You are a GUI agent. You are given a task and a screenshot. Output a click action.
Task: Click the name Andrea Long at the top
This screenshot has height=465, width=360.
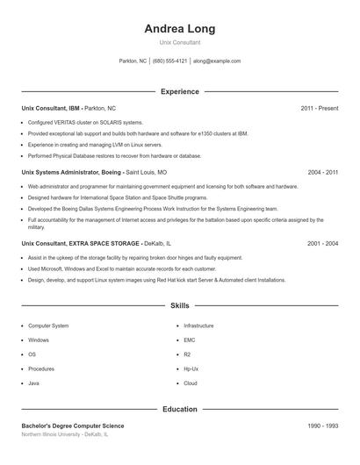(179, 28)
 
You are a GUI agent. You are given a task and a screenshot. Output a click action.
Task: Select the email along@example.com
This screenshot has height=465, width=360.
(217, 61)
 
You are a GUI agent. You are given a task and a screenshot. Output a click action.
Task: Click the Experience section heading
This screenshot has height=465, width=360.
(179, 91)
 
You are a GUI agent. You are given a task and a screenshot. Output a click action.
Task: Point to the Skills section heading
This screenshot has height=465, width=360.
(179, 306)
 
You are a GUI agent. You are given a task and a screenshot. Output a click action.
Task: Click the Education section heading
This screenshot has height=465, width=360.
(179, 409)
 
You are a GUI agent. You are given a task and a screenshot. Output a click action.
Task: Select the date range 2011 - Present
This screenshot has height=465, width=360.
(319, 108)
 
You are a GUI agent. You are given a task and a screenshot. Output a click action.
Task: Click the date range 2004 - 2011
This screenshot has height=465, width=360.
(322, 173)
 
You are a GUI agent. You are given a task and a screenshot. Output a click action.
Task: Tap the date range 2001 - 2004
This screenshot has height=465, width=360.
(322, 242)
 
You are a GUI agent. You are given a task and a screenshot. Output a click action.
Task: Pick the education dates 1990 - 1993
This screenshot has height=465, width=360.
(322, 426)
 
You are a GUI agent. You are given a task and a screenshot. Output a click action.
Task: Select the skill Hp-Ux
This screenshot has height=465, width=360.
(191, 369)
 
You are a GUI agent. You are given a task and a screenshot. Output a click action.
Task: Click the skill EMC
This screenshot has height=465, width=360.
(189, 340)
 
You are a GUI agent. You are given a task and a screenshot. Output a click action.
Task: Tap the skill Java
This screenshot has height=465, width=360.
(33, 383)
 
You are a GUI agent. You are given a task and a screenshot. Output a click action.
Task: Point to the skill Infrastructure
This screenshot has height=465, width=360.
(198, 325)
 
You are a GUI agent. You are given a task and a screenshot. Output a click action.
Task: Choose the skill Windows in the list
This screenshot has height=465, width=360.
(39, 340)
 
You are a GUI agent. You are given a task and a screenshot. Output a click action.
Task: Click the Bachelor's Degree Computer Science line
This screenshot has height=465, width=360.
(73, 426)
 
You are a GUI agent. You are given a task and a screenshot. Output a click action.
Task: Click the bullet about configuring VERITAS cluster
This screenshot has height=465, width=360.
(85, 122)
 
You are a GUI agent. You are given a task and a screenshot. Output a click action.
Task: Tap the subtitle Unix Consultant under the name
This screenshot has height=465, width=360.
(179, 42)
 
